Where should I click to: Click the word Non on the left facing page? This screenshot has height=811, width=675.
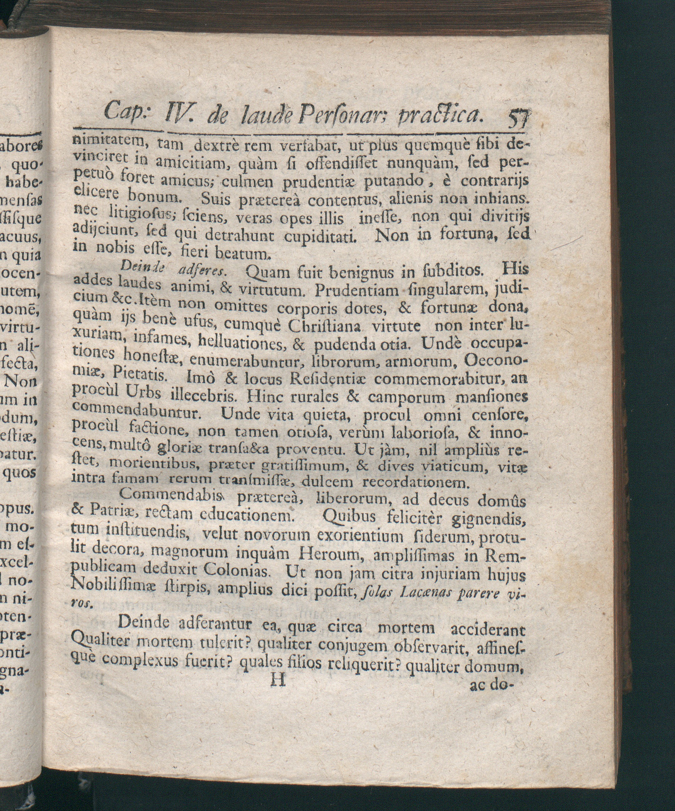[20, 381]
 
